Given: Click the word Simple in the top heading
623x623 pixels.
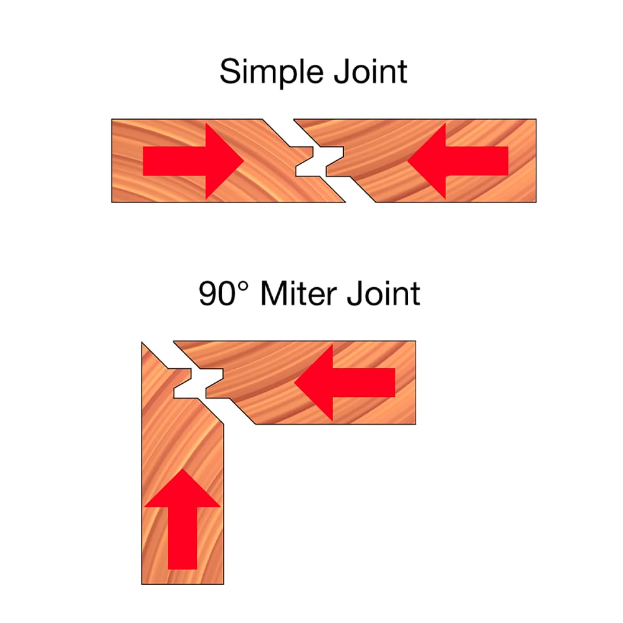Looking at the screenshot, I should (x=266, y=72).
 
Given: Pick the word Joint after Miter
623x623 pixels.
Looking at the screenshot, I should (x=382, y=293).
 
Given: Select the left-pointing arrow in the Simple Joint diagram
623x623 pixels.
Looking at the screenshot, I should (x=458, y=161).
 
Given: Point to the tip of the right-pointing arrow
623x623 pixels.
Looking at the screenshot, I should (x=243, y=161).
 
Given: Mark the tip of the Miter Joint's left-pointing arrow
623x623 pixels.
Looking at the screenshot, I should (x=295, y=382).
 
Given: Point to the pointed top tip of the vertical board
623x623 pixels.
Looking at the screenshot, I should (x=143, y=343).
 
